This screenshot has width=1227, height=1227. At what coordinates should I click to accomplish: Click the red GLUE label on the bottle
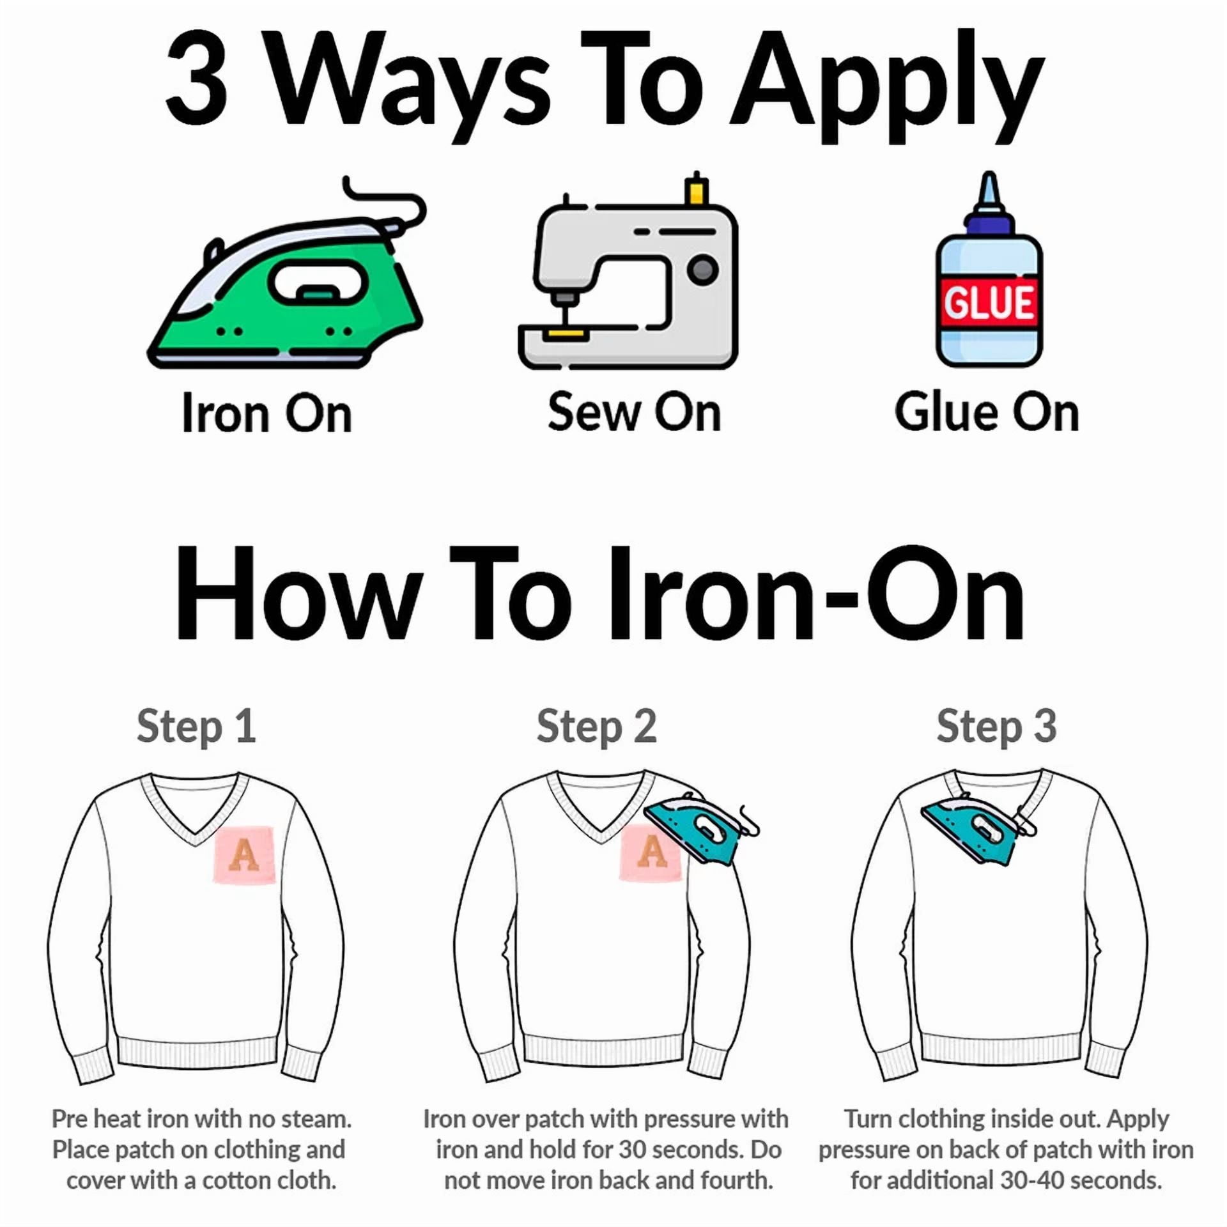pyautogui.click(x=989, y=302)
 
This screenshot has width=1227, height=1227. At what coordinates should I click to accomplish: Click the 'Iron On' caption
pyautogui.click(x=267, y=414)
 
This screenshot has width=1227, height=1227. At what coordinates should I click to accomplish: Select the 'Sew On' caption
pyautogui.click(x=635, y=412)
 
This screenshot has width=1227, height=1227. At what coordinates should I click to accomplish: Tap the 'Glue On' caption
pyautogui.click(x=987, y=412)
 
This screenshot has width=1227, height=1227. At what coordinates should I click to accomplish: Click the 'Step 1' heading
pyautogui.click(x=197, y=727)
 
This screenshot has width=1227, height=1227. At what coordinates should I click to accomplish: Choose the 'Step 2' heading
pyautogui.click(x=597, y=727)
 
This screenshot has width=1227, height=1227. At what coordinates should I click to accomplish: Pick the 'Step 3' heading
pyautogui.click(x=997, y=727)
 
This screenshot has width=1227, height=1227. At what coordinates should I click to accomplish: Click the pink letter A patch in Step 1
pyautogui.click(x=244, y=855)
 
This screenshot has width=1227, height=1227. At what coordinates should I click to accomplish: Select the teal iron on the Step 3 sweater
pyautogui.click(x=978, y=828)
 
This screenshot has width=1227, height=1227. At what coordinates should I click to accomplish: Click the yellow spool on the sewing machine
pyautogui.click(x=697, y=190)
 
